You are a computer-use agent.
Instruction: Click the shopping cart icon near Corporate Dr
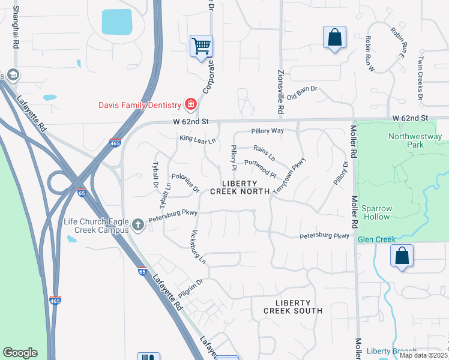[x=201, y=46]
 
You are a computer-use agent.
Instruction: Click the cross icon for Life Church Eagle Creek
[x=138, y=225]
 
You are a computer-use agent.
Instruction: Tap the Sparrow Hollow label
[x=376, y=212]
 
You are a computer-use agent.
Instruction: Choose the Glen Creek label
[x=376, y=239]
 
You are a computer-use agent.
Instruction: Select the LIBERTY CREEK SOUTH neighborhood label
[x=294, y=307]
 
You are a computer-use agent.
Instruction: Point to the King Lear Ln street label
[x=197, y=139]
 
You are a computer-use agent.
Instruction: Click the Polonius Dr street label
[x=185, y=183]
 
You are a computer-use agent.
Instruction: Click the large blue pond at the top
[x=116, y=22]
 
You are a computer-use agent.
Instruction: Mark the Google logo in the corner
[x=20, y=353]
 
